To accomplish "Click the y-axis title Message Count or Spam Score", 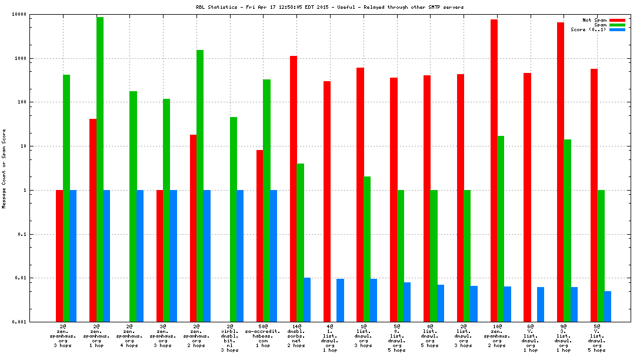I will pos(4,169).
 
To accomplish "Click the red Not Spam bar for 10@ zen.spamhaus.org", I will pos(494,171).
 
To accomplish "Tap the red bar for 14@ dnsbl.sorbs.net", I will pos(294,189).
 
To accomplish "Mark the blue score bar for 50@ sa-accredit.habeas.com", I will pos(274,256).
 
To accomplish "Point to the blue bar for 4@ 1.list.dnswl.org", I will pos(340,300).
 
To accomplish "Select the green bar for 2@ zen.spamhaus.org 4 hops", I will pos(134,206).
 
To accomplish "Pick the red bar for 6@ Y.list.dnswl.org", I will pos(528,197).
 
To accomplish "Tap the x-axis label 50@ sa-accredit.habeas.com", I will pos(263,335).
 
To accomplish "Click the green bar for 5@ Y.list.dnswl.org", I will pos(601,256).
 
